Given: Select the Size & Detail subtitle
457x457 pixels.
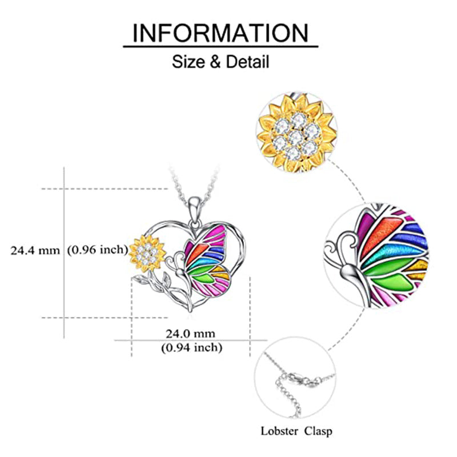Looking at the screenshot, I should coord(221,61).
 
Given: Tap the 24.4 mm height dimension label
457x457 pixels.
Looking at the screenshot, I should coord(35,250).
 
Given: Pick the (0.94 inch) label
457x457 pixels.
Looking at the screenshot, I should coord(191,347).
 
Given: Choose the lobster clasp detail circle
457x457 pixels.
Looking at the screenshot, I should coord(299,381).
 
